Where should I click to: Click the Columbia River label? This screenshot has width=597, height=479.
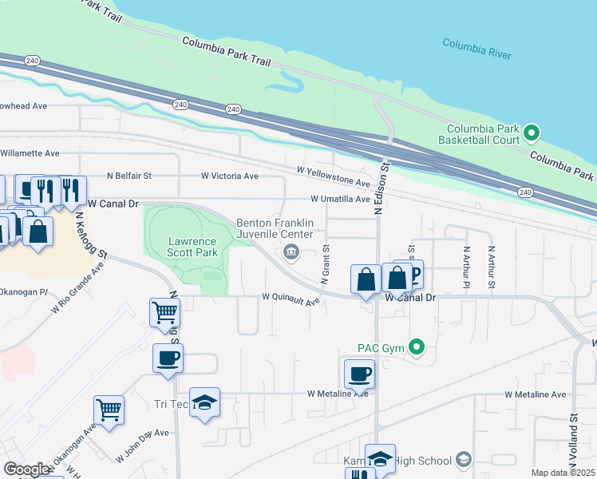(x=476, y=49)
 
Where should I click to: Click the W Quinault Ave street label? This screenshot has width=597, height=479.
(x=291, y=299)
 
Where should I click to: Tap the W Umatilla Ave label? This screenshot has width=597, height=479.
(x=341, y=199)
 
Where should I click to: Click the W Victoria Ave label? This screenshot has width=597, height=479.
(x=230, y=176)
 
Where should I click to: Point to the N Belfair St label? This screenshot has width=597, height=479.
(x=129, y=176)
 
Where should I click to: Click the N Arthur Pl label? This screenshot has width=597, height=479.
(x=466, y=267)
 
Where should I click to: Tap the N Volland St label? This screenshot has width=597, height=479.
(x=574, y=440)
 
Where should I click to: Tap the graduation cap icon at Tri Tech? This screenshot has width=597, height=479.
(x=205, y=402)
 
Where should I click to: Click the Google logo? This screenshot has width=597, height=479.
(x=26, y=469)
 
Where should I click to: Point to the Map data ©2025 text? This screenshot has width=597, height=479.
(x=563, y=473)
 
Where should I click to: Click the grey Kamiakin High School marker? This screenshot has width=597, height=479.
(x=463, y=460)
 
